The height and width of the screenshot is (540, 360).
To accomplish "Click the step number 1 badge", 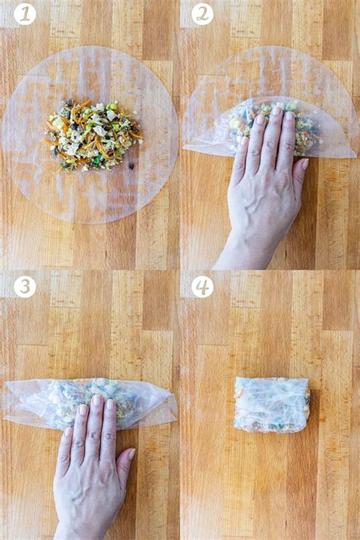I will pyautogui.click(x=24, y=14).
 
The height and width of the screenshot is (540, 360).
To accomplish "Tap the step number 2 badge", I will pyautogui.click(x=203, y=14).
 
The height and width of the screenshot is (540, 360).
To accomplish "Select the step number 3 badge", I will pyautogui.click(x=24, y=286).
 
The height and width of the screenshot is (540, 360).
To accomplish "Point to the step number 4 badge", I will pyautogui.click(x=203, y=286).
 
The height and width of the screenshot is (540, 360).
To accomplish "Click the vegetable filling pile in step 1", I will pyautogui.click(x=92, y=134).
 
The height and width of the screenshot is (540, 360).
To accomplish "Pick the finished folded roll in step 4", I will pyautogui.click(x=271, y=404).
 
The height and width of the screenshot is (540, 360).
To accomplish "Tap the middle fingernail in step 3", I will pyautogui.click(x=96, y=400).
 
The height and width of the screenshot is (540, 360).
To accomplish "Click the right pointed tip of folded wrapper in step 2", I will pyautogui.click(x=352, y=155).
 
